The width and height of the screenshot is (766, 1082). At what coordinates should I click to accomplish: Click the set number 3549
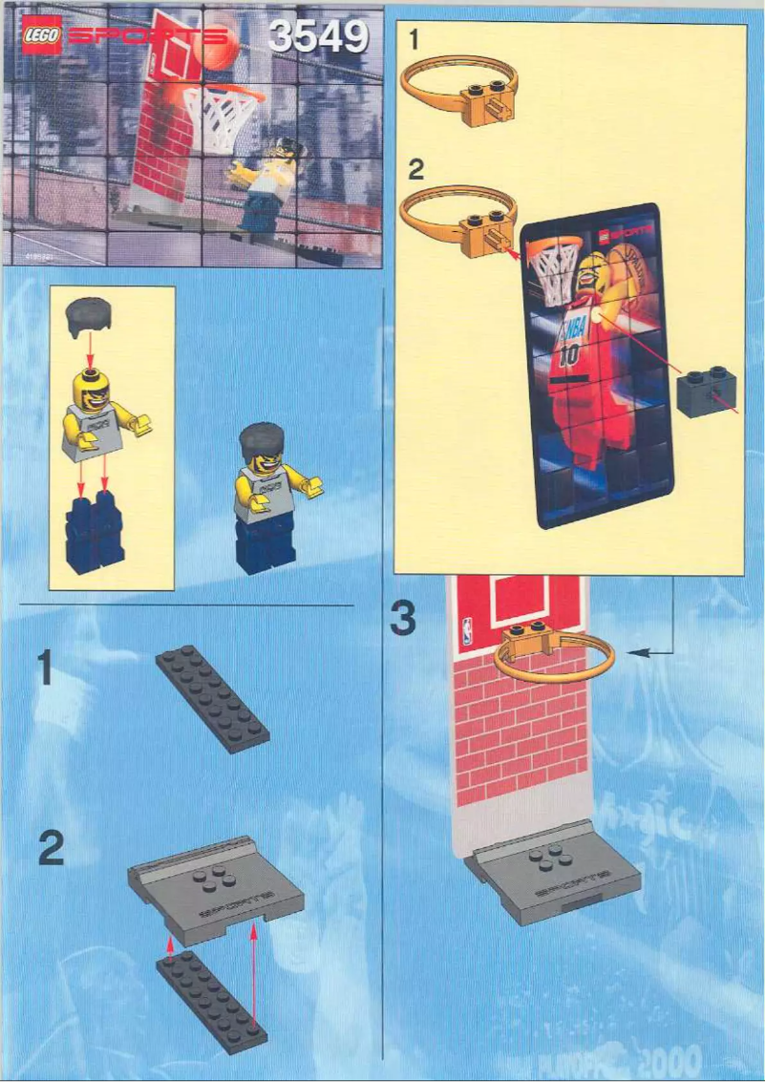(x=318, y=37)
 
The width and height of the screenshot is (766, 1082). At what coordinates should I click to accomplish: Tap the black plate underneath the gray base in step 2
(x=211, y=1003)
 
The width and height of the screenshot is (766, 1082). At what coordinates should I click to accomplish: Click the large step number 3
(x=404, y=618)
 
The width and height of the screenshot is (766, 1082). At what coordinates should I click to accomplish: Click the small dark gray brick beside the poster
(x=707, y=394)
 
